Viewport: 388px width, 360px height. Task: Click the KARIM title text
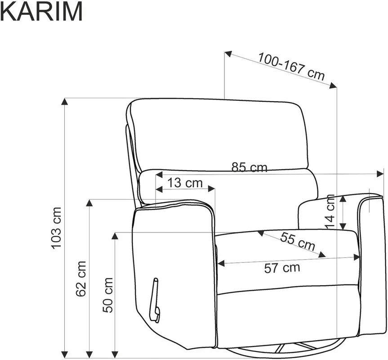41,11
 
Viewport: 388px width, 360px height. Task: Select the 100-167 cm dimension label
291,67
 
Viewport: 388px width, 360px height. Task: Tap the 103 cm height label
56,228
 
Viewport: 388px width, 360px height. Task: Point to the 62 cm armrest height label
81,279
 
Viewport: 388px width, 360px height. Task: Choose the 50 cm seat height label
108,295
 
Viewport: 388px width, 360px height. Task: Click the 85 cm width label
250,167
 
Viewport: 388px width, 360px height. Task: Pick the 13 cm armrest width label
185,183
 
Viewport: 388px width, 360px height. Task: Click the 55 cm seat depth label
298,242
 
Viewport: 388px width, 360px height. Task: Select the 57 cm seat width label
282,268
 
